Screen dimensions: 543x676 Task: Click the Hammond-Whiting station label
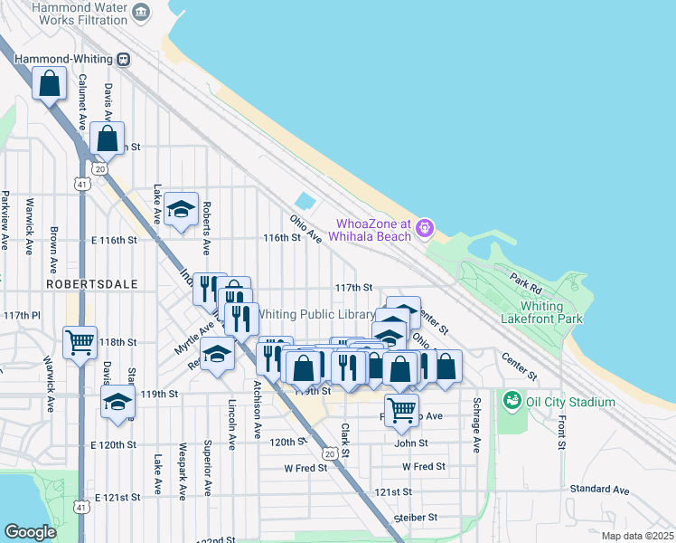(60, 59)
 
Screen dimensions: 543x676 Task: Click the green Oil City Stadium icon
(512, 399)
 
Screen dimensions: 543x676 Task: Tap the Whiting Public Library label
(316, 314)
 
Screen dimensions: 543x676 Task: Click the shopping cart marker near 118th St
(80, 342)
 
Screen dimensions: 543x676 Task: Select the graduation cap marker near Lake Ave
(182, 210)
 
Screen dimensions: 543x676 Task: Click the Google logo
(30, 532)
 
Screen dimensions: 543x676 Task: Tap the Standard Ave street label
(599, 490)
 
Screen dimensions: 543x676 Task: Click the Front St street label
(561, 427)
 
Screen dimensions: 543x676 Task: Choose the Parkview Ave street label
(5, 220)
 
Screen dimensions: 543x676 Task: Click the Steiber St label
(415, 518)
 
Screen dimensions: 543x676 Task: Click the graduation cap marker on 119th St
(117, 402)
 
